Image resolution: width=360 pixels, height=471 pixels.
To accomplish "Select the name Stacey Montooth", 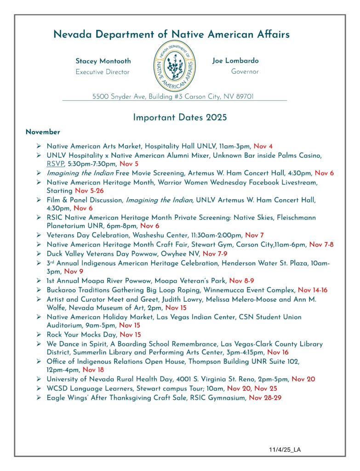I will tap(103, 61).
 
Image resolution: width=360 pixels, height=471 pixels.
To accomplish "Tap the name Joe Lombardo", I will tap(235, 61).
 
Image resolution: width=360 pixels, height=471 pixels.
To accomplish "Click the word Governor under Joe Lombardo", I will tap(245, 72).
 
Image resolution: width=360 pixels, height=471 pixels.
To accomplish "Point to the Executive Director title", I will tap(103, 72).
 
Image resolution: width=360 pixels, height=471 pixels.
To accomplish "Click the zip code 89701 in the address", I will tap(244, 97).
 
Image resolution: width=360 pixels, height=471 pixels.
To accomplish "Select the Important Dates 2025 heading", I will tap(180, 117).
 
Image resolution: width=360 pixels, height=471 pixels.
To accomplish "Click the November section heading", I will tap(43, 132).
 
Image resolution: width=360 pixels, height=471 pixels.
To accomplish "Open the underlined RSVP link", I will tap(55, 164).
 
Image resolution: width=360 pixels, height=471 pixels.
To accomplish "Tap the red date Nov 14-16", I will tap(314, 290).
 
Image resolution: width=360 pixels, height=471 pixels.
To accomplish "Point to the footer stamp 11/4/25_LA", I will tap(285, 449).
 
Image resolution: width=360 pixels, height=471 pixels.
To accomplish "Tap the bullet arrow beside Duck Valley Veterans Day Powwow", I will tap(39, 253).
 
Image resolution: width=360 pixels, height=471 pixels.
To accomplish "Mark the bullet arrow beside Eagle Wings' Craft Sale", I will tap(39, 398).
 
